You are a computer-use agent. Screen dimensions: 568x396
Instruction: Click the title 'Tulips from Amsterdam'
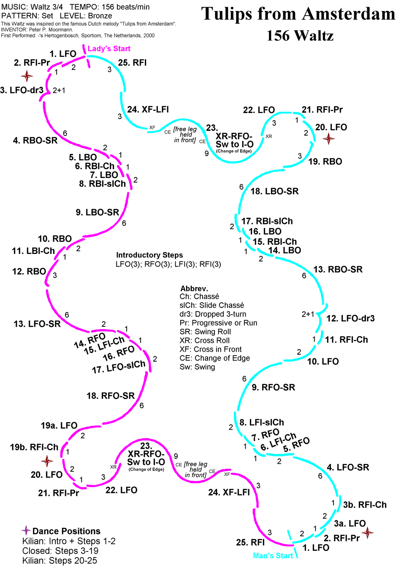(298, 14)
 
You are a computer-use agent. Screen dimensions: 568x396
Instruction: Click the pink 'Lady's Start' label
(109, 48)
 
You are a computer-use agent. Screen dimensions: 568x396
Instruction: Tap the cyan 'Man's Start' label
(273, 556)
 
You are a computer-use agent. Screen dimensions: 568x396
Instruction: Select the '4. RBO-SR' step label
(35, 140)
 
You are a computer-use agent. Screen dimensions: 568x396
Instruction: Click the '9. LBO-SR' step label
(98, 212)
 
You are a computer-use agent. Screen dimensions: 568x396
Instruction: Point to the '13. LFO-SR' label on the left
(37, 324)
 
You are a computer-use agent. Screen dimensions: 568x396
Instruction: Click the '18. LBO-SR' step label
(274, 191)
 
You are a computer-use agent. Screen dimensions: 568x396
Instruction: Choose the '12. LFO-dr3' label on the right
(350, 318)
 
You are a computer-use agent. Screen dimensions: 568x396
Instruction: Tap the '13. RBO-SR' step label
(338, 269)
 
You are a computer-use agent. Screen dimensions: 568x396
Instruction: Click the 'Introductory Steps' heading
(149, 255)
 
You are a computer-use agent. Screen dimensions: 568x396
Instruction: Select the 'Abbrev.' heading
(194, 288)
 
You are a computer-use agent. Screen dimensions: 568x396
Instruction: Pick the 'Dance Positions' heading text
(66, 531)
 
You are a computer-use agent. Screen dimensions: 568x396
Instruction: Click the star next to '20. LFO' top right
(328, 138)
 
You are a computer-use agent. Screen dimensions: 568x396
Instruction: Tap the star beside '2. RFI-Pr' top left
(27, 76)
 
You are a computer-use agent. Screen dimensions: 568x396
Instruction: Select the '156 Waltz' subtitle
(300, 35)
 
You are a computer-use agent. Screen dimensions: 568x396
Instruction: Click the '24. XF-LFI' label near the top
(148, 110)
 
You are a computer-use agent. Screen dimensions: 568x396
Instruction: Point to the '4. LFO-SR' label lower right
(348, 467)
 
